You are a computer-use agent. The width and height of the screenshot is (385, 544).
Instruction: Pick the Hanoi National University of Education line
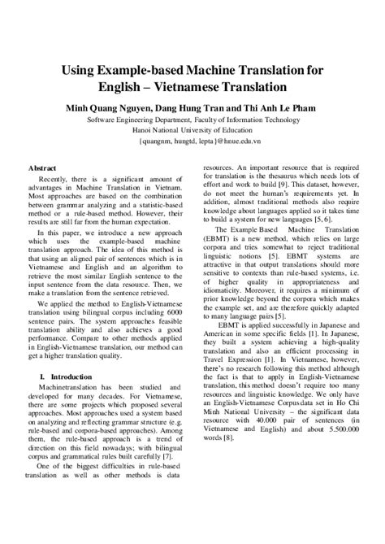(x=192, y=128)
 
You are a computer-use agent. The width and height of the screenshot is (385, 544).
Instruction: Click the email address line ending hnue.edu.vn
(x=192, y=138)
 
